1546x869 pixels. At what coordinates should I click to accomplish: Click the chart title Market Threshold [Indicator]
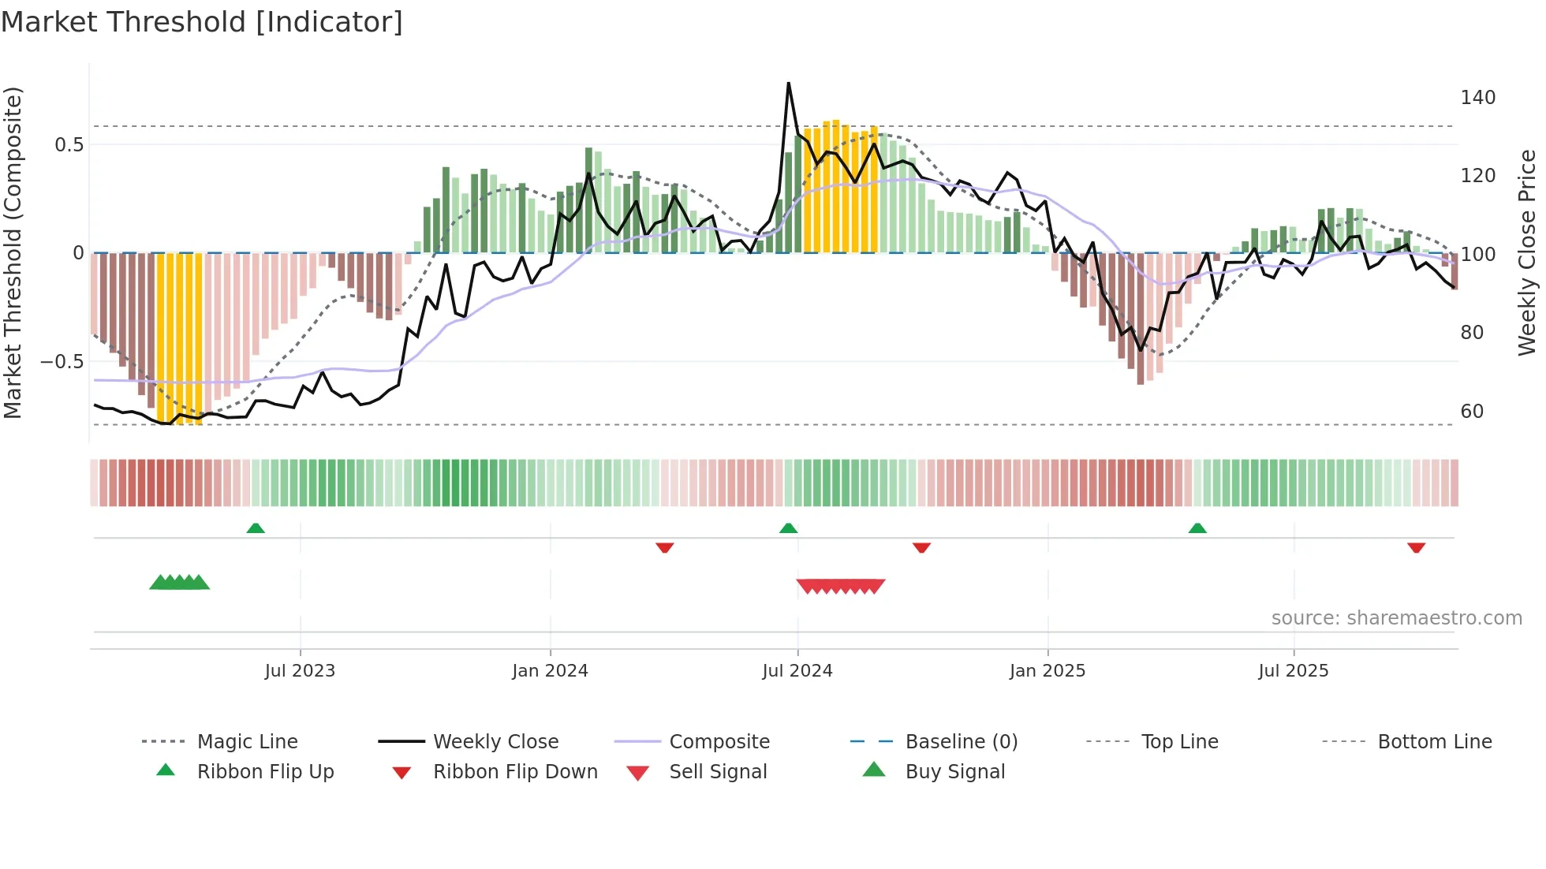click(202, 22)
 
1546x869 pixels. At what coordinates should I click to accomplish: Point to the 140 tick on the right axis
click(1477, 98)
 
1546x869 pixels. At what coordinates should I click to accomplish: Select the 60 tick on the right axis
click(1472, 412)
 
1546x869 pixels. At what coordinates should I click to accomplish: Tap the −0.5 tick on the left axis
click(62, 362)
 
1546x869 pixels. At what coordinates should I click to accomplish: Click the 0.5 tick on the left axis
click(69, 145)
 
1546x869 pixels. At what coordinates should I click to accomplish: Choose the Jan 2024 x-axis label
click(550, 671)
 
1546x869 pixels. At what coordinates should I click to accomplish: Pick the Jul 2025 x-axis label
click(1293, 671)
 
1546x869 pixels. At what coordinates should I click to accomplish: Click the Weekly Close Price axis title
click(1527, 252)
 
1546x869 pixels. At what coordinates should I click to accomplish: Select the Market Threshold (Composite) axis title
click(13, 252)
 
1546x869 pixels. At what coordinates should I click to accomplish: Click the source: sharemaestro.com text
click(1396, 618)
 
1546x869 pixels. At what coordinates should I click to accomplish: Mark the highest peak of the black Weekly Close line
click(788, 84)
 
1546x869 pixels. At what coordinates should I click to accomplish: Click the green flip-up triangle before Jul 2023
click(256, 528)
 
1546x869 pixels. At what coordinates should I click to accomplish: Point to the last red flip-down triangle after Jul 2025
click(1416, 547)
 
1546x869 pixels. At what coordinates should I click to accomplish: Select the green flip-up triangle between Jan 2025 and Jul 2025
click(1197, 528)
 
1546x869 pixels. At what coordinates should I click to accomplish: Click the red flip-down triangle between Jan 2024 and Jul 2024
click(665, 547)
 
